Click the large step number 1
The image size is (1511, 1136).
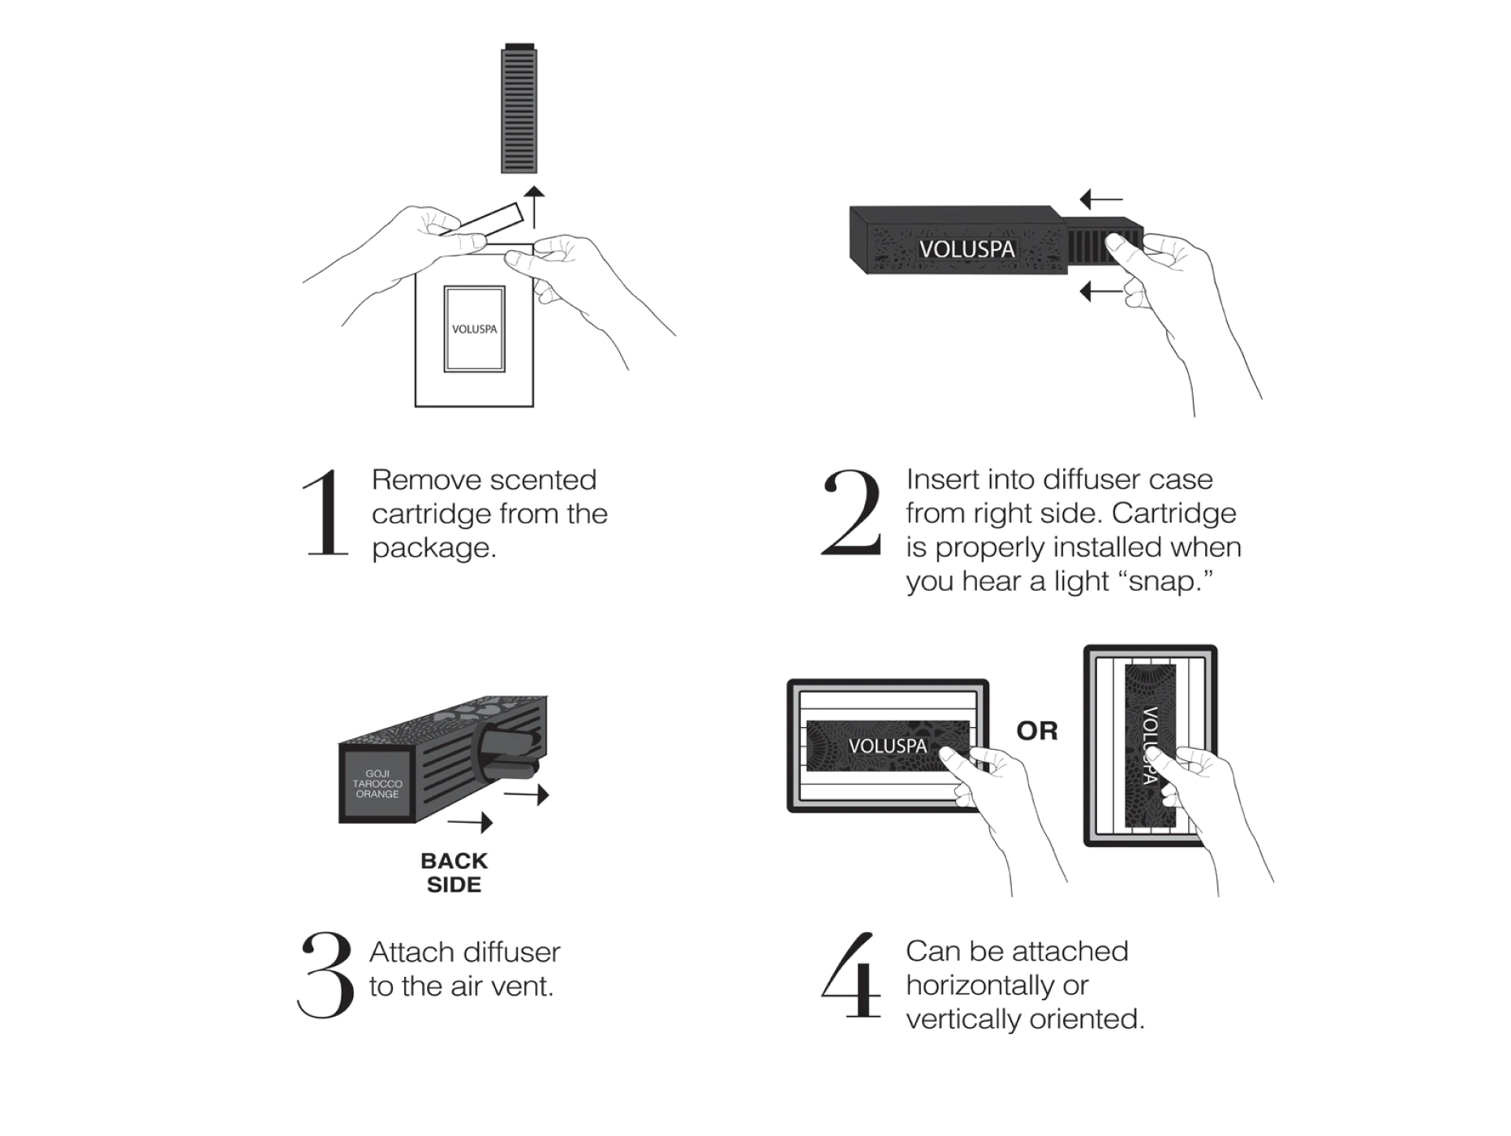pyautogui.click(x=326, y=513)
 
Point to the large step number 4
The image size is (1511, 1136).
pyautogui.click(x=852, y=975)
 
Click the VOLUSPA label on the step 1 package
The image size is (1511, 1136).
pyautogui.click(x=474, y=329)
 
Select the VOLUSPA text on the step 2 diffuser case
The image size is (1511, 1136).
pyautogui.click(x=966, y=249)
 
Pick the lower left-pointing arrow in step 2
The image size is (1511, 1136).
pyautogui.click(x=1101, y=290)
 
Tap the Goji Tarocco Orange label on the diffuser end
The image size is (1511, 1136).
pyautogui.click(x=377, y=784)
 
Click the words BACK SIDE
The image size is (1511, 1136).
pyautogui.click(x=454, y=872)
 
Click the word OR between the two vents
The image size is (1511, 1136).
pyautogui.click(x=1036, y=731)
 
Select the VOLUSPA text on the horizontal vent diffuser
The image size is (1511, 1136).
pyautogui.click(x=886, y=745)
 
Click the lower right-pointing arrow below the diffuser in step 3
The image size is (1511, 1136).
pyautogui.click(x=471, y=822)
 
